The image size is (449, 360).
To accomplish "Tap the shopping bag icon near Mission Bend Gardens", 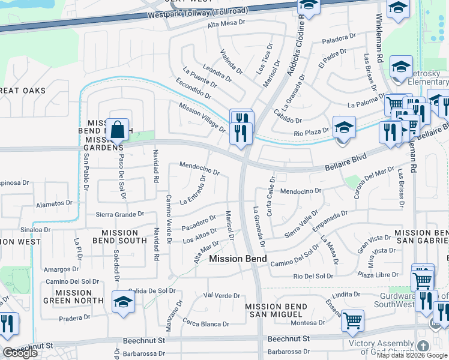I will (x=119, y=129).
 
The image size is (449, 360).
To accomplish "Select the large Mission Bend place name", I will (x=238, y=259).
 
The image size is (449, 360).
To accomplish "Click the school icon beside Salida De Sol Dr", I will (x=122, y=301).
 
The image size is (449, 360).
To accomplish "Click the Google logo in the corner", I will (x=20, y=353).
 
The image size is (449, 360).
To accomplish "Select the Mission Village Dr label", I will (x=202, y=117).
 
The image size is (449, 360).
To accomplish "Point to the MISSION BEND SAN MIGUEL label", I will (x=276, y=310).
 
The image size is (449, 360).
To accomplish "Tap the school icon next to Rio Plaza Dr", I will (x=344, y=127).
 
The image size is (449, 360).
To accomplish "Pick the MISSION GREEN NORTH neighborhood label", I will (x=66, y=298).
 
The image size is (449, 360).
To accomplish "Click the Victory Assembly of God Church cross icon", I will (x=423, y=346).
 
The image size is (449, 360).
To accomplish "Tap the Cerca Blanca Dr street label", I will (x=207, y=323).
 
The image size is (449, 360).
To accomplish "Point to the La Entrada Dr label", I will (x=192, y=191).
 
